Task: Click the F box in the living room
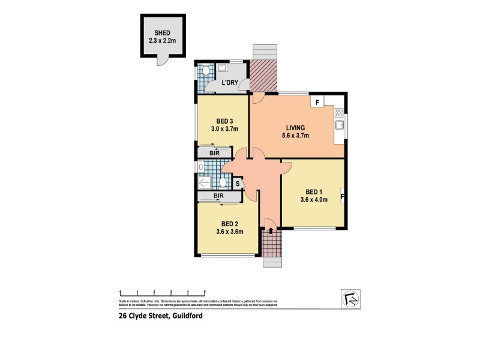pyautogui.click(x=316, y=101)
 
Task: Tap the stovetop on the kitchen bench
pyautogui.click(x=340, y=112)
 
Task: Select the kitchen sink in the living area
pyautogui.click(x=340, y=125)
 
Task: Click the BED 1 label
pyautogui.click(x=313, y=191)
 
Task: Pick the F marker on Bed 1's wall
pyautogui.click(x=342, y=196)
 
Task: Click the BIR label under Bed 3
pyautogui.click(x=215, y=154)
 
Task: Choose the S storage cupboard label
pyautogui.click(x=238, y=184)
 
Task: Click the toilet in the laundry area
pyautogui.click(x=205, y=71)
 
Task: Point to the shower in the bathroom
pyautogui.click(x=204, y=182)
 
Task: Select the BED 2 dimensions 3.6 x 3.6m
pyautogui.click(x=229, y=232)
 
